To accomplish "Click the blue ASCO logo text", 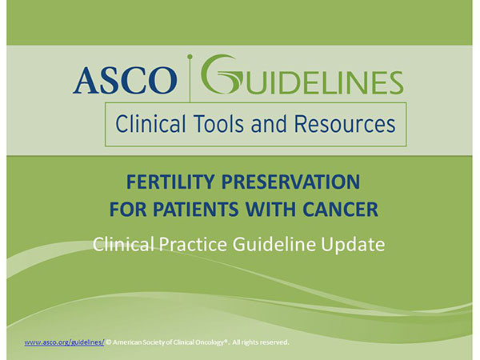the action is pyautogui.click(x=125, y=80).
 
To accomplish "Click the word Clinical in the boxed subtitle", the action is pyautogui.click(x=150, y=124).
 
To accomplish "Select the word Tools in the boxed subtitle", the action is pyautogui.click(x=218, y=124).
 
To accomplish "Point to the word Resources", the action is pyautogui.click(x=345, y=124).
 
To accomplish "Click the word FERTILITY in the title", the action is pyautogui.click(x=170, y=182).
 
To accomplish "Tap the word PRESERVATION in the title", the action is pyautogui.click(x=290, y=182).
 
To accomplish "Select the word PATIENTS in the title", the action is pyautogui.click(x=196, y=210).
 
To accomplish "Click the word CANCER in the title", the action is pyautogui.click(x=341, y=210).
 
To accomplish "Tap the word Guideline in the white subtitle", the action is pyautogui.click(x=274, y=244).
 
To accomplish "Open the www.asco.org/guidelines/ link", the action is pyautogui.click(x=64, y=342).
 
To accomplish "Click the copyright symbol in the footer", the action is pyautogui.click(x=108, y=342).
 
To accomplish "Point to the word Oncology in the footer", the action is pyautogui.click(x=211, y=342).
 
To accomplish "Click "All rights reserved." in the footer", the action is pyautogui.click(x=261, y=342).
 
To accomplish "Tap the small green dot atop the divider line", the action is pyautogui.click(x=190, y=57).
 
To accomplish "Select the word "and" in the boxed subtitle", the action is pyautogui.click(x=269, y=124).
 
